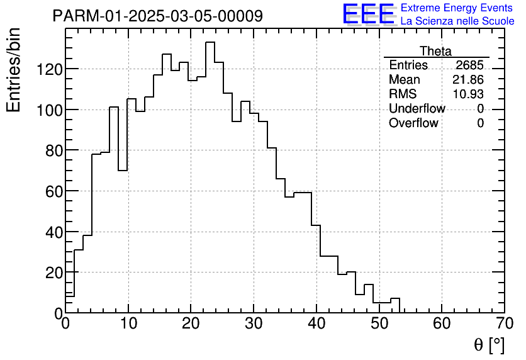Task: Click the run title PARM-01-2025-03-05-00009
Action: click(x=157, y=16)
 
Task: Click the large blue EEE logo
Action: click(x=368, y=14)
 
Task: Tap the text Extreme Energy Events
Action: click(x=457, y=8)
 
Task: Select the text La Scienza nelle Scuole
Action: click(x=457, y=21)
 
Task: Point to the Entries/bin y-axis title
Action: click(x=14, y=70)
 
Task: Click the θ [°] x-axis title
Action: click(x=489, y=344)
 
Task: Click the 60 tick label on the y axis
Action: click(x=50, y=191)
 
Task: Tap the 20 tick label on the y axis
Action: click(x=50, y=273)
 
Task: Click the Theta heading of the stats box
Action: click(x=435, y=51)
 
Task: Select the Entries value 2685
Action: click(x=470, y=65)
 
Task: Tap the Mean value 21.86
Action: click(x=468, y=80)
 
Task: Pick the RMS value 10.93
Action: click(x=468, y=94)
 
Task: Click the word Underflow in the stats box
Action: click(x=417, y=109)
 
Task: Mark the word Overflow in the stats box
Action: click(x=413, y=123)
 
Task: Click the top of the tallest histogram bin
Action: click(x=210, y=42)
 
